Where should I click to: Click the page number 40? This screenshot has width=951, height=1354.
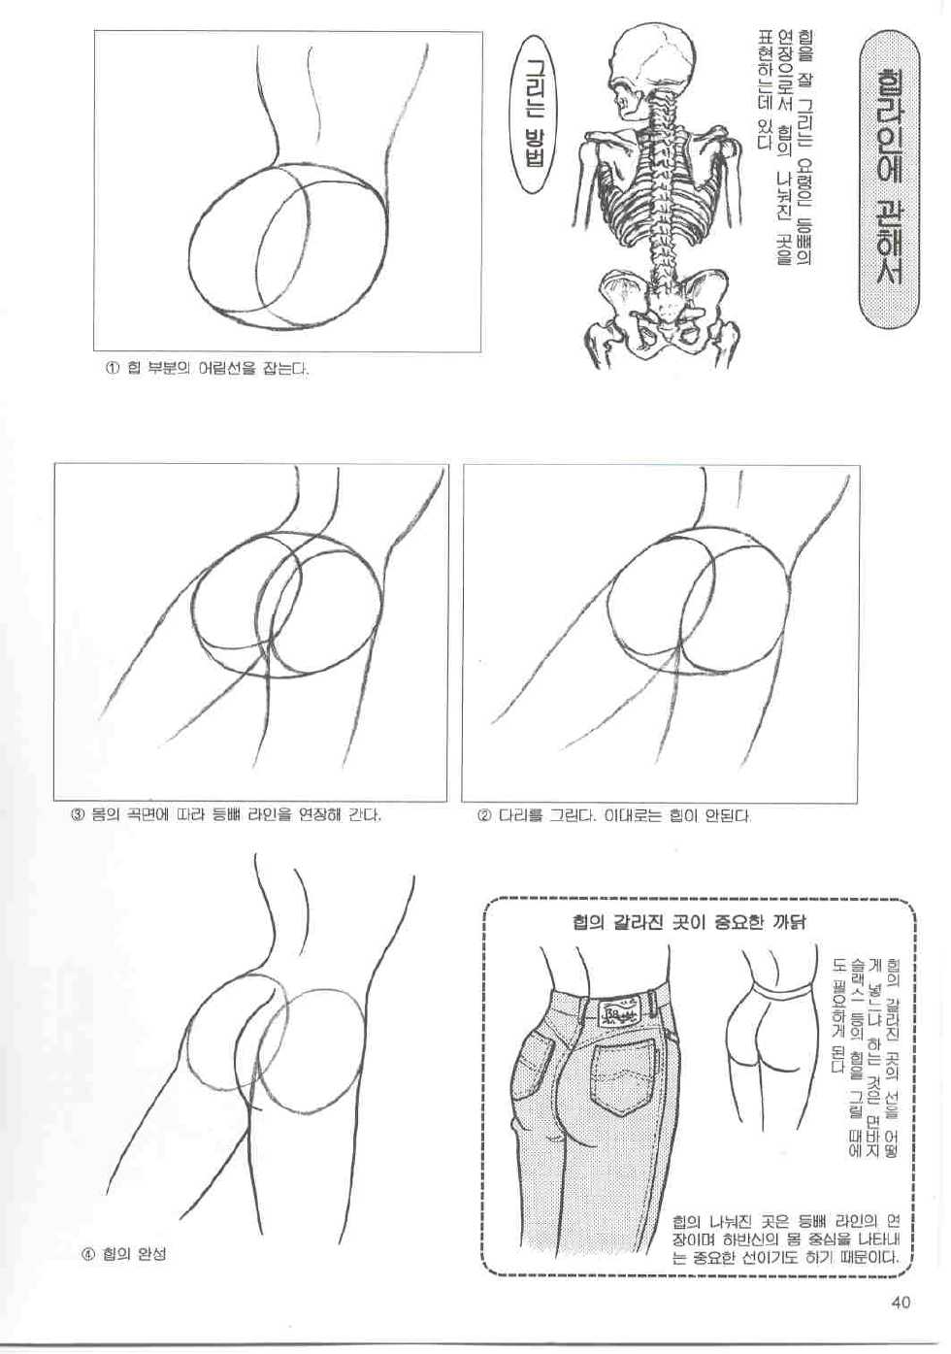coord(899,1303)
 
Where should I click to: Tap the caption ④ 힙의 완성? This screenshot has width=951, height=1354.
coord(123,1254)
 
